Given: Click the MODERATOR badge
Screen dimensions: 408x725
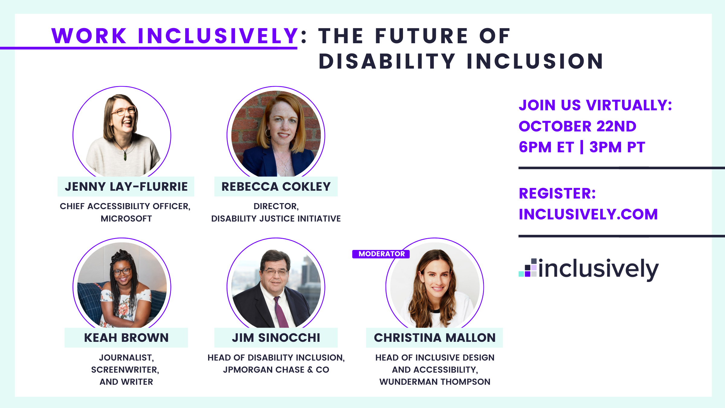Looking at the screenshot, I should (x=381, y=254).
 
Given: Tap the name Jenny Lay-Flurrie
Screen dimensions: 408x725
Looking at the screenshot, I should (x=126, y=187).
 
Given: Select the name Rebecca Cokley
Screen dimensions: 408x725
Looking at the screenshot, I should (x=276, y=187).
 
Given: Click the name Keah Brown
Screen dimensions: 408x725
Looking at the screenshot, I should (x=126, y=338).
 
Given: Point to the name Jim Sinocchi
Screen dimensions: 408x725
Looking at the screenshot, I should (x=276, y=338).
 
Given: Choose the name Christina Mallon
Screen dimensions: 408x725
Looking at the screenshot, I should (x=434, y=338).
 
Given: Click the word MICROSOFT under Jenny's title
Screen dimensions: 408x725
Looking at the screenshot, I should (x=126, y=219).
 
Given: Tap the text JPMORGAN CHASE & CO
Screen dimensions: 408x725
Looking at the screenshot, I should (x=276, y=370).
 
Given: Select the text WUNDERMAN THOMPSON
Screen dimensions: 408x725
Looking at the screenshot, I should (x=435, y=382).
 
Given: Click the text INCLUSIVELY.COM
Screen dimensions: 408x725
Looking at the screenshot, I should (x=588, y=214).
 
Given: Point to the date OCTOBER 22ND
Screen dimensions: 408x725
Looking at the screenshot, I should (x=577, y=126).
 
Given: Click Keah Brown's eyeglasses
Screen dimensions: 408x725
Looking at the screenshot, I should (x=122, y=271).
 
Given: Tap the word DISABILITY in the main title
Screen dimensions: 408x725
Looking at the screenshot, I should (x=387, y=61).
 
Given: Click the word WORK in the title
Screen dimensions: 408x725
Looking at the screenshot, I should (x=89, y=36).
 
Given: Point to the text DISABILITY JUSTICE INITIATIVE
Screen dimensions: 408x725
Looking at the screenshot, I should (x=276, y=219).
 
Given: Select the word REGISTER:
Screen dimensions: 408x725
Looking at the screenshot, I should (x=557, y=193).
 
